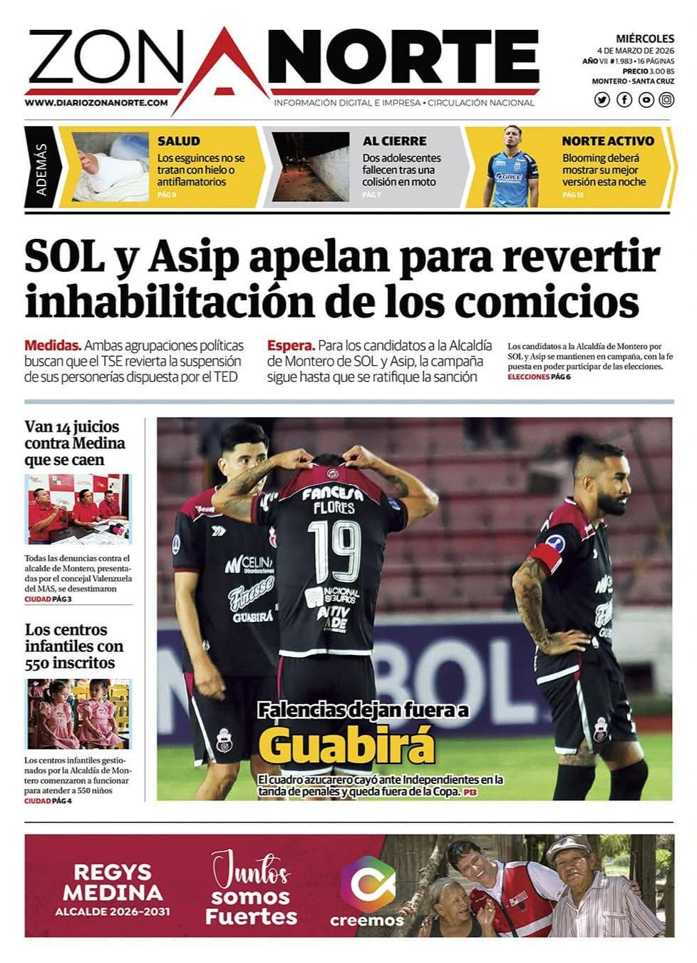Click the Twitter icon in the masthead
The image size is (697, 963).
click(602, 100)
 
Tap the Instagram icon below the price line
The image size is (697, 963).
click(666, 100)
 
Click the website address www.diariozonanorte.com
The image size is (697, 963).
click(96, 103)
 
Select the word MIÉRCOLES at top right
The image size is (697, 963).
click(644, 39)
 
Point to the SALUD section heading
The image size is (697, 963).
click(179, 141)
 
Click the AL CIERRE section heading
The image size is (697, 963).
click(394, 141)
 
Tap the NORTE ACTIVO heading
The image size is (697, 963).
click(607, 141)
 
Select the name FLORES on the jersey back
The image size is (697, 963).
click(334, 508)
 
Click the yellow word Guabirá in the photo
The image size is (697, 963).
click(346, 746)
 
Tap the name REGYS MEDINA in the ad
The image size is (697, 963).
click(113, 882)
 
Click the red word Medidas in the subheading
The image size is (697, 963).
click(52, 346)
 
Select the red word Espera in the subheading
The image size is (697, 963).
click(290, 346)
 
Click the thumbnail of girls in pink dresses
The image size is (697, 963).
click(78, 713)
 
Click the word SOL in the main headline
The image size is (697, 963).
click(64, 257)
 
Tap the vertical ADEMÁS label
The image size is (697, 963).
click(41, 168)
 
